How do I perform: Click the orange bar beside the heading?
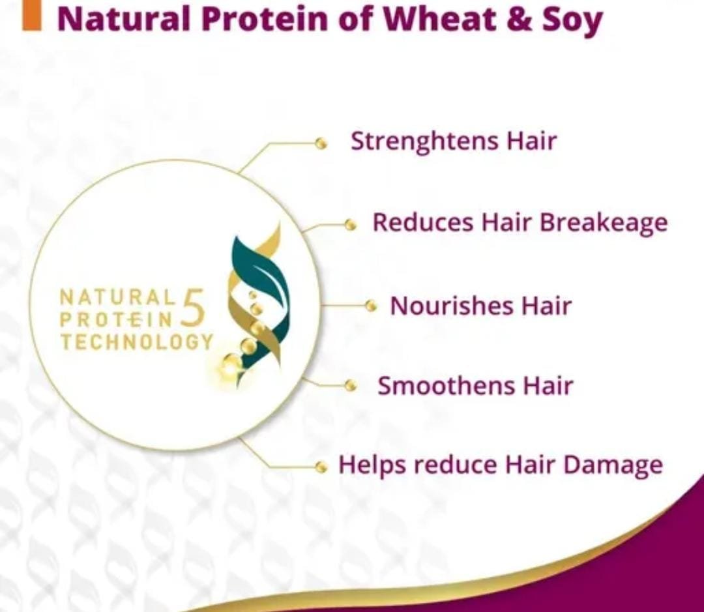tap(32, 15)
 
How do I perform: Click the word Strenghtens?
tap(424, 142)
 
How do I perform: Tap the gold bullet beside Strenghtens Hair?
tap(321, 143)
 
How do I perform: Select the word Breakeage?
tap(604, 223)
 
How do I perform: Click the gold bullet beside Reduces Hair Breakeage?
tap(350, 224)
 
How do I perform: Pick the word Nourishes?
tap(451, 306)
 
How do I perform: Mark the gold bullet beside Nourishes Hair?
tap(370, 306)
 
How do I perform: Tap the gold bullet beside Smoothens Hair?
tap(350, 385)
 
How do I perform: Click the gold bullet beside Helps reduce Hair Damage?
tap(321, 467)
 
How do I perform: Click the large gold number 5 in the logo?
tap(192, 308)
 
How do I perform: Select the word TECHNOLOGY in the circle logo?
tap(137, 342)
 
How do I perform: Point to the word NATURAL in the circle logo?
tap(117, 297)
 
